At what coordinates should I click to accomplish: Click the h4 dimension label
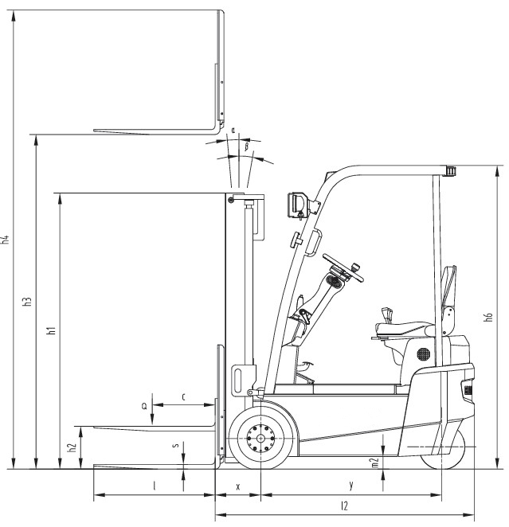click(x=6, y=240)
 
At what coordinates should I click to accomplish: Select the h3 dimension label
click(x=28, y=302)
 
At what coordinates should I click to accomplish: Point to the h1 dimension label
click(x=52, y=330)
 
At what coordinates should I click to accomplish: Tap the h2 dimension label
click(x=72, y=447)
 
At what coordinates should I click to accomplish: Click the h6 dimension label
click(x=488, y=317)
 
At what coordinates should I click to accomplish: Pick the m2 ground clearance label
click(x=375, y=463)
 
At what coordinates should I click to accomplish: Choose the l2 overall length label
click(x=344, y=506)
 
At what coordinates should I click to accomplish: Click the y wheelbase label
click(x=351, y=485)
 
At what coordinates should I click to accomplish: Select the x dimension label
click(x=238, y=486)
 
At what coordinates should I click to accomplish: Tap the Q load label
click(x=144, y=406)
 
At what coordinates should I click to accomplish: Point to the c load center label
click(x=183, y=397)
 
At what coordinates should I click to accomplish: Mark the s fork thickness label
click(x=174, y=445)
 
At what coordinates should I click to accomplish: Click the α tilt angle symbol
click(x=233, y=130)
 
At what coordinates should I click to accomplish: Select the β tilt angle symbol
click(x=246, y=146)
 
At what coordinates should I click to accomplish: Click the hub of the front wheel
click(x=260, y=439)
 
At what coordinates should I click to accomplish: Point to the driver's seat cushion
click(x=403, y=328)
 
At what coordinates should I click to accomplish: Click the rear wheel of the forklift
click(x=444, y=448)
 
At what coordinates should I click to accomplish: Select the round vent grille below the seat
click(x=423, y=354)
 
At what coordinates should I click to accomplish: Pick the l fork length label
click(x=155, y=486)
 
